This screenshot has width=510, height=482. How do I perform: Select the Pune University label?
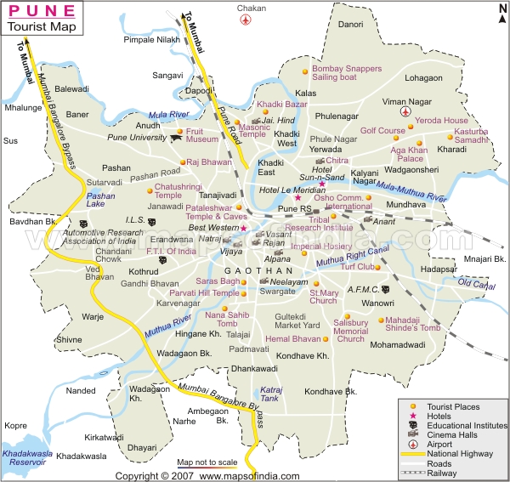(x=137, y=138)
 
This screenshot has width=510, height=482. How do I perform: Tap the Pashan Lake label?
(x=101, y=200)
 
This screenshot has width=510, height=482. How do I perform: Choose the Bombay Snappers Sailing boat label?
(x=346, y=72)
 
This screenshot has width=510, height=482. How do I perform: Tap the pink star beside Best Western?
(x=243, y=228)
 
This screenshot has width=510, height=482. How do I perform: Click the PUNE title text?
(x=39, y=11)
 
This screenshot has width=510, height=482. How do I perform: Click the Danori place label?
(x=351, y=25)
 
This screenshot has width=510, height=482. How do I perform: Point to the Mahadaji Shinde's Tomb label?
(x=414, y=324)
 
